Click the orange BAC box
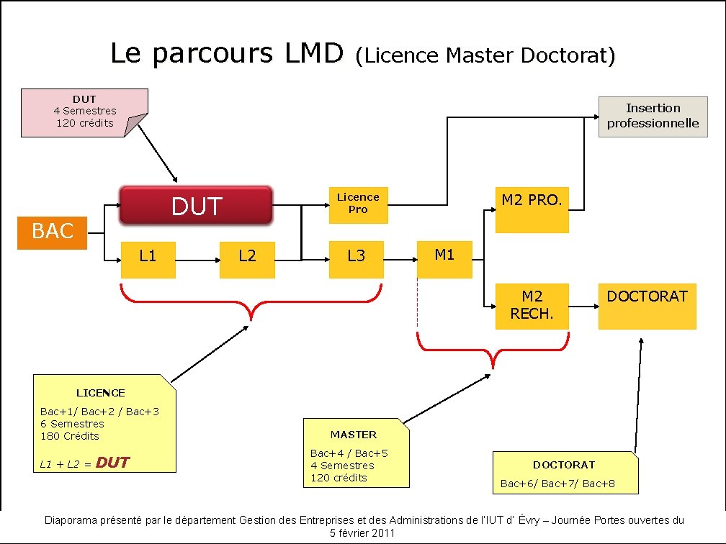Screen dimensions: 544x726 click(x=53, y=232)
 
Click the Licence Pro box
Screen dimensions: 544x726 click(x=358, y=204)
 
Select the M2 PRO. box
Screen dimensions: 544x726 click(x=532, y=208)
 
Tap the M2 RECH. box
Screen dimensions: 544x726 click(x=532, y=306)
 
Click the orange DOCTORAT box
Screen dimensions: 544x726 click(x=647, y=306)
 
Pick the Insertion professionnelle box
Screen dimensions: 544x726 click(x=653, y=116)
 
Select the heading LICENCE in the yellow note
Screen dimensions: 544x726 click(x=101, y=393)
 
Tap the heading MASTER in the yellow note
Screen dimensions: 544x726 click(x=353, y=435)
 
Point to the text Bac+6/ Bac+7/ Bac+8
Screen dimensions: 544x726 click(x=558, y=484)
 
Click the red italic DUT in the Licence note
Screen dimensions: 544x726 click(x=112, y=463)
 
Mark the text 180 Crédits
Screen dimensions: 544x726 click(x=70, y=436)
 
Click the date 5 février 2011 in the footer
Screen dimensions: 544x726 click(x=362, y=533)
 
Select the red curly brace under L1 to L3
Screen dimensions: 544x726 click(x=250, y=302)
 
